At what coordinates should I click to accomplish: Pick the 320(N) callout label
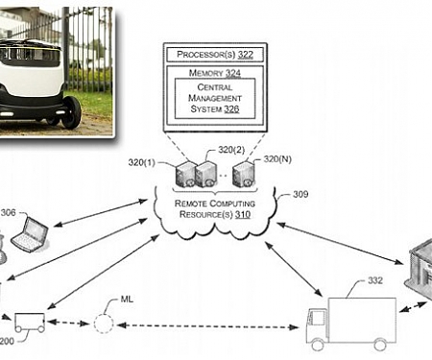coord(277,159)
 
